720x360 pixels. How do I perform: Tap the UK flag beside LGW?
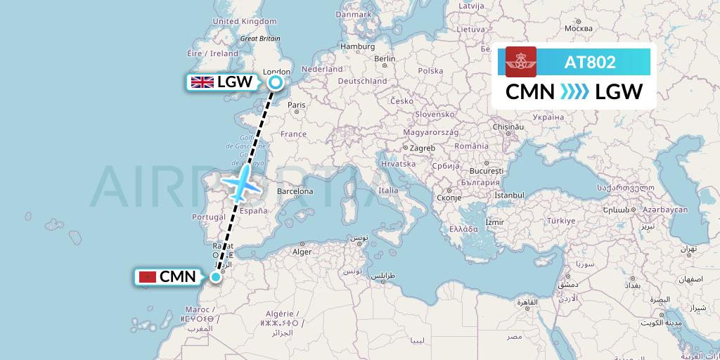202,82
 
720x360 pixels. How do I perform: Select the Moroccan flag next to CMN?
147,277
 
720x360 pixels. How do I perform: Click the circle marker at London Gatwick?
276,82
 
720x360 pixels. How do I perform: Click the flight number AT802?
590,62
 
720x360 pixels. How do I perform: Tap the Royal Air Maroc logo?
521,62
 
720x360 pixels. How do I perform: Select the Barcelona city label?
295,191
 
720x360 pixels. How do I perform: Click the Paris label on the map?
296,105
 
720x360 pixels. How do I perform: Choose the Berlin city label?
385,59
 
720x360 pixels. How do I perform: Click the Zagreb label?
423,148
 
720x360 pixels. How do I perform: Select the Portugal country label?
208,217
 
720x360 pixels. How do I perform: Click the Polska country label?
430,70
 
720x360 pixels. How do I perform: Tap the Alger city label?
301,251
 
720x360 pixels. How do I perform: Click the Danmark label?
353,14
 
